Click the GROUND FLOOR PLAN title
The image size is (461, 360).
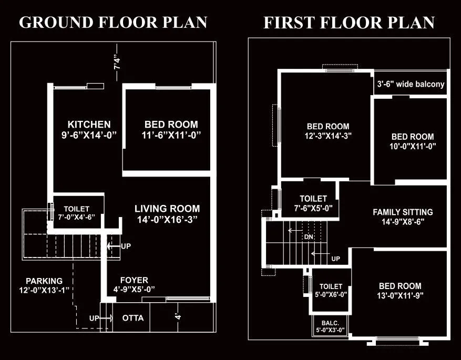(113, 23)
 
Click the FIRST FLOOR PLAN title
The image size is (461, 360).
(349, 23)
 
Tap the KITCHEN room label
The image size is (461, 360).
(89, 125)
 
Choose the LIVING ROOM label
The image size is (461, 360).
(167, 208)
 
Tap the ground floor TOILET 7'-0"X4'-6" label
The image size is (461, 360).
(77, 209)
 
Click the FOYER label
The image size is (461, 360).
(134, 280)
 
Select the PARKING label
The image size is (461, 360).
(44, 281)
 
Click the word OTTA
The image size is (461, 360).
(132, 318)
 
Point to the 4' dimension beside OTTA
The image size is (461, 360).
(178, 316)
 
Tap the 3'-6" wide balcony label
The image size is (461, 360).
(411, 84)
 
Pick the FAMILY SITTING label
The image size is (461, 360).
(403, 212)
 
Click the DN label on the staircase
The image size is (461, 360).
(309, 237)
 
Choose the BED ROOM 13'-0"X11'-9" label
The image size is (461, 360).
(400, 286)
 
